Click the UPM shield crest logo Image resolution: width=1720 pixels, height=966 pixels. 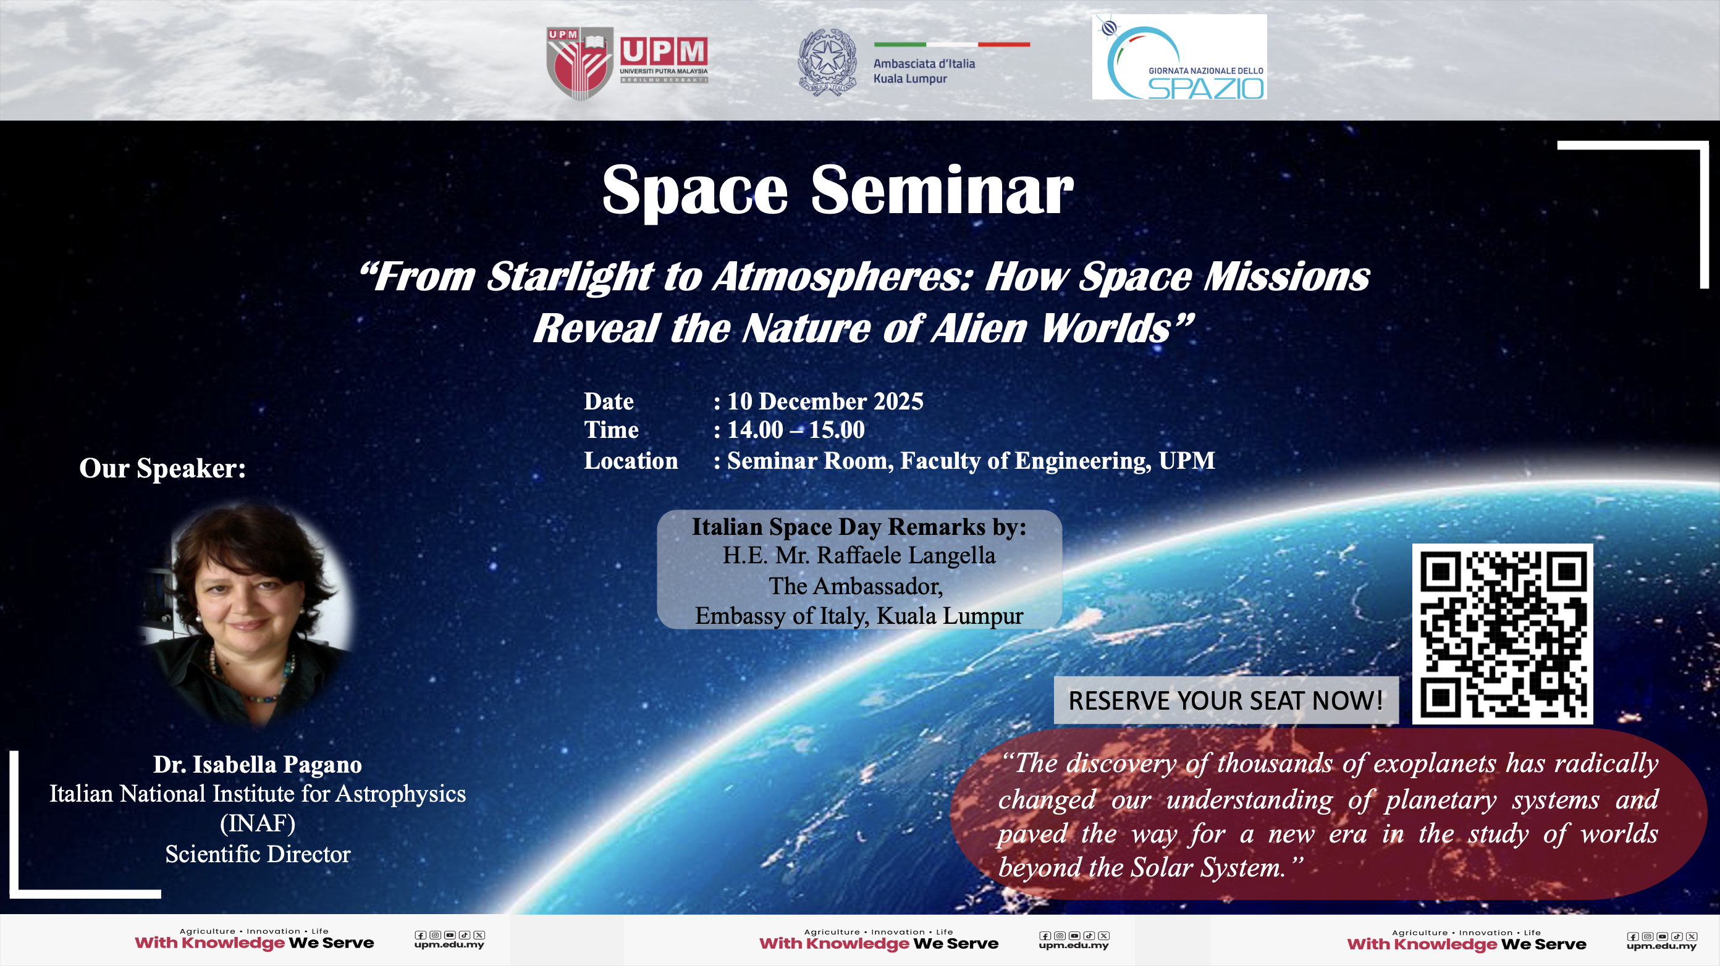[580, 63]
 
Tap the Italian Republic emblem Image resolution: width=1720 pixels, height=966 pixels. [827, 62]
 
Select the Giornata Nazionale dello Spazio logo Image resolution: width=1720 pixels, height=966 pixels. [1179, 57]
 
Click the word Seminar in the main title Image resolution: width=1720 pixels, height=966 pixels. [942, 191]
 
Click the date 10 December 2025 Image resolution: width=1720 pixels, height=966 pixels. [825, 401]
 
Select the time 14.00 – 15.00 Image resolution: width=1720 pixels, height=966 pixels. [796, 430]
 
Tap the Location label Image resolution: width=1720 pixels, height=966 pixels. [631, 461]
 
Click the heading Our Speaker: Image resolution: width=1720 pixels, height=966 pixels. [162, 468]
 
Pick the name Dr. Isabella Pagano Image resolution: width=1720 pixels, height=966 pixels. [258, 765]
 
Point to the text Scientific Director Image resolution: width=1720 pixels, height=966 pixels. [258, 854]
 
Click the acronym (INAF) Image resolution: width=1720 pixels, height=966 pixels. [258, 823]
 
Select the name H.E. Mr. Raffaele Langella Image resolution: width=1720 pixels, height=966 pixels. [859, 555]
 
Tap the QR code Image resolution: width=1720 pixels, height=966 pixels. [1503, 634]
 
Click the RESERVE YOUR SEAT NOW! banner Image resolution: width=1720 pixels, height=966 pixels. [1226, 700]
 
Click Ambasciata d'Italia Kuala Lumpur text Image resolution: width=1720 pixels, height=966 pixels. [924, 71]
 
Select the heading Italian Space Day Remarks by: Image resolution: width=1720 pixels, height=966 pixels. [859, 527]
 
